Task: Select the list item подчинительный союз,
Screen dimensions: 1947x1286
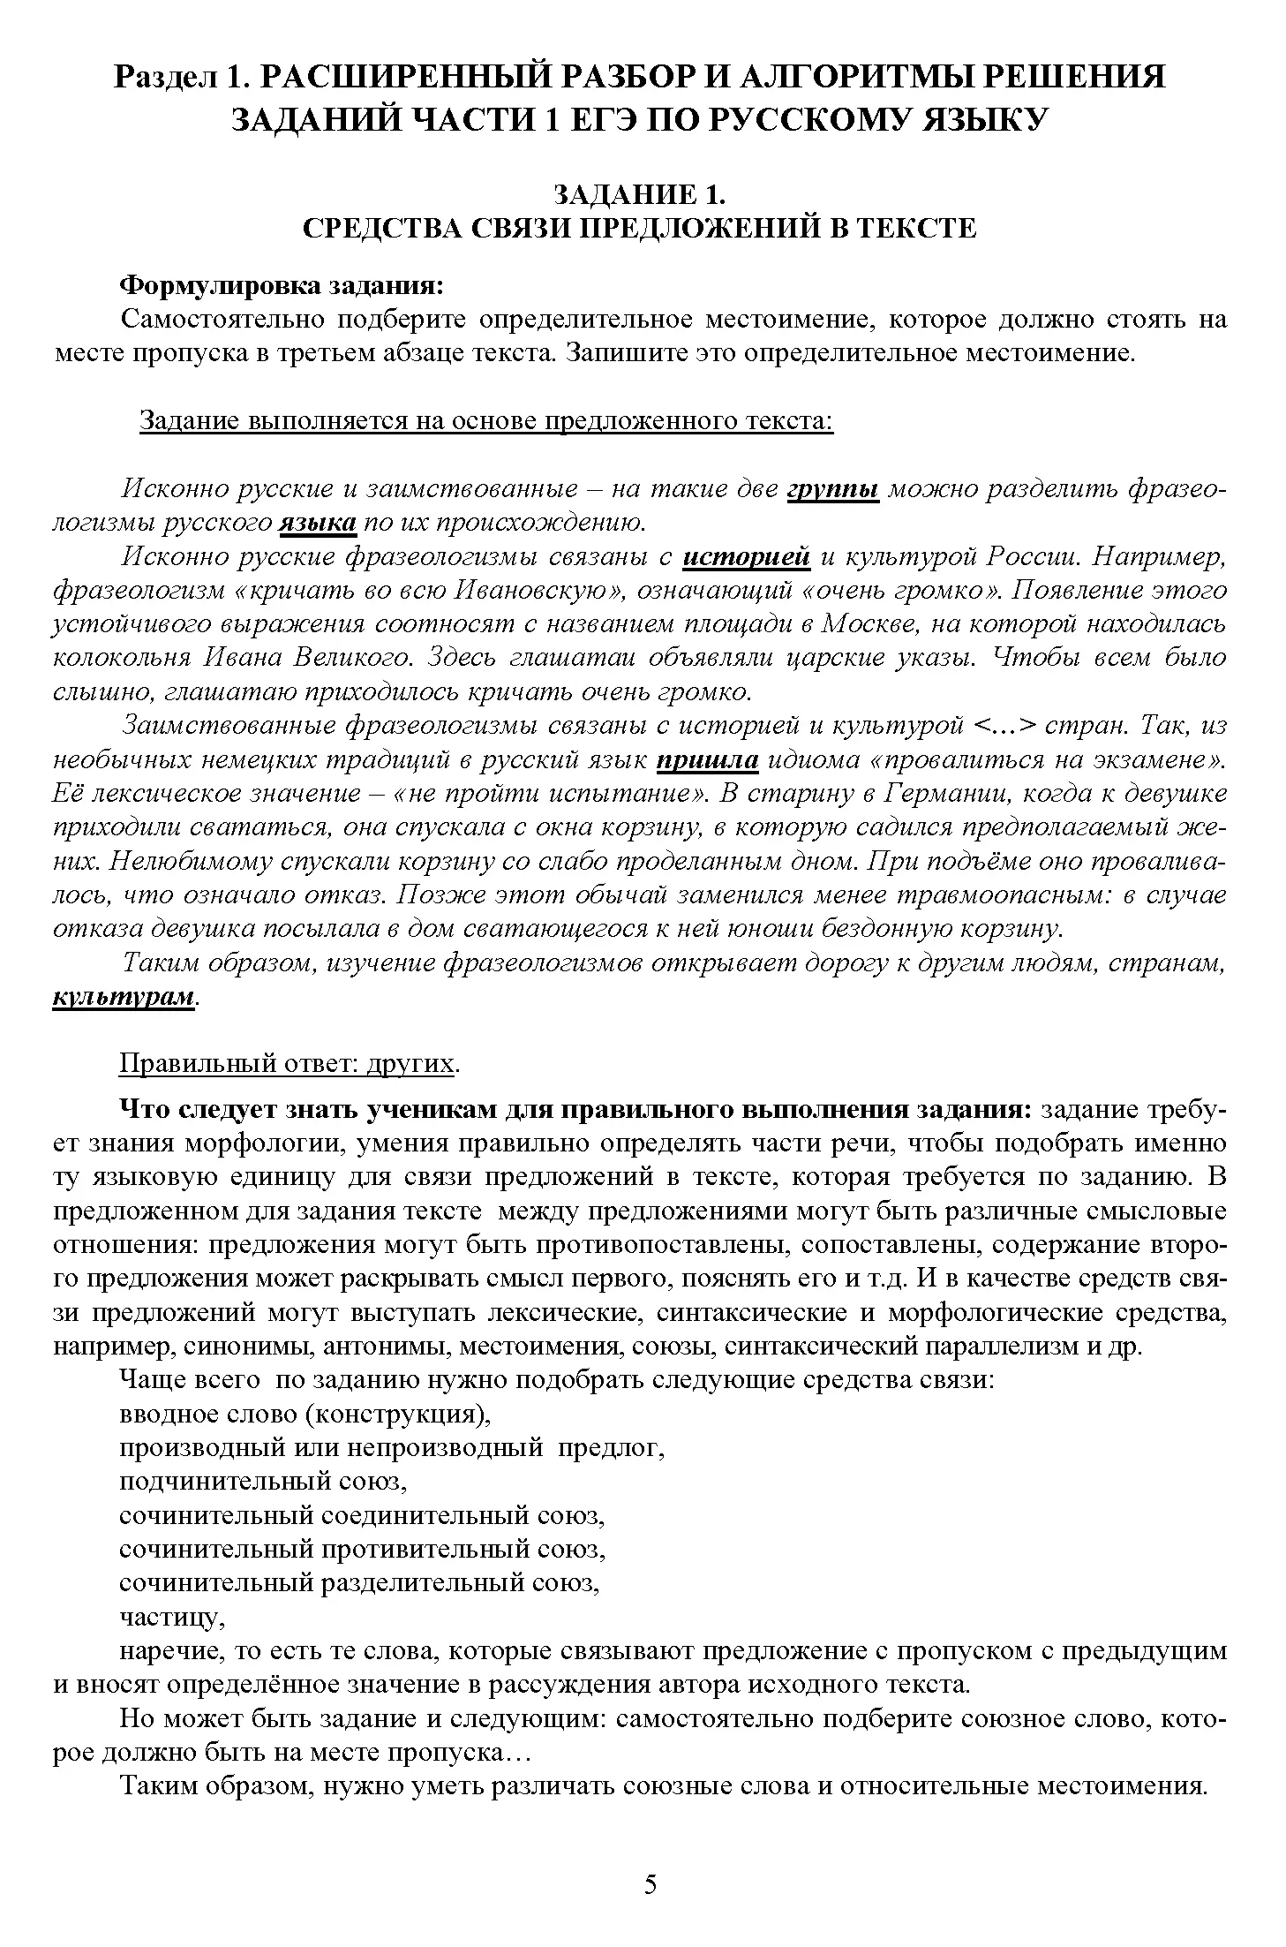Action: (x=262, y=1481)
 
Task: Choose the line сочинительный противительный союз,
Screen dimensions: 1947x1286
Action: (x=362, y=1548)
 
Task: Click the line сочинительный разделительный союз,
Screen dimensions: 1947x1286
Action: (x=359, y=1582)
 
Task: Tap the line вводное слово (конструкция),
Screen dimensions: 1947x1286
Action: (x=305, y=1413)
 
